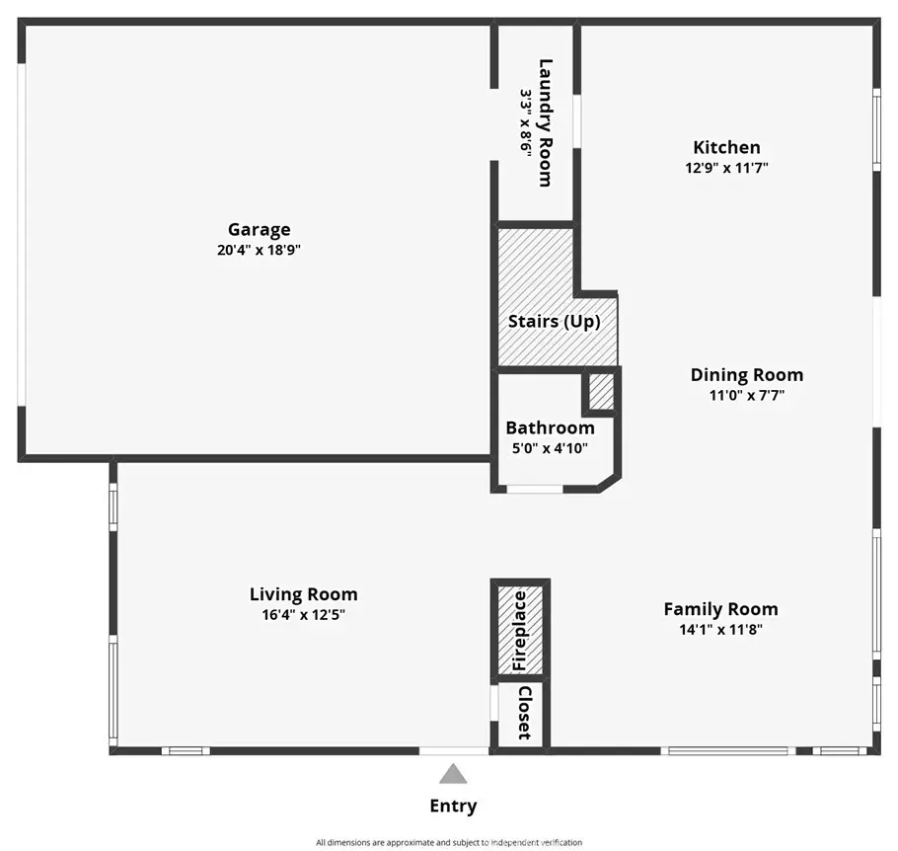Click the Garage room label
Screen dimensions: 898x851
coord(259,230)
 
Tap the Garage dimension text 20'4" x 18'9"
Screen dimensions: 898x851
coord(259,250)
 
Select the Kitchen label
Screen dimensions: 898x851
coord(726,147)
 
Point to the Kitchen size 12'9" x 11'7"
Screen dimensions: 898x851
coord(726,168)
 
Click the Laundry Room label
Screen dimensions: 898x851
coord(546,122)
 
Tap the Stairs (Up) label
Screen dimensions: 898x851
coord(555,322)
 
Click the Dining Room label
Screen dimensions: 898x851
coord(747,375)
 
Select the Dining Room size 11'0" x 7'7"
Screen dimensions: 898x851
coord(747,396)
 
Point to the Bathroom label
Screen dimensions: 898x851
coord(550,428)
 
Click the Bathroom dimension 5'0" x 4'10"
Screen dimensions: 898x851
coord(550,448)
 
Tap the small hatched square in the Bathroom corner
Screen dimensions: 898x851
coord(601,392)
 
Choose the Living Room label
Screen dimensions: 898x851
coord(304,594)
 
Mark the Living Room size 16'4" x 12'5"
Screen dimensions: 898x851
coord(304,615)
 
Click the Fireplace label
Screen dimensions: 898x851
coord(519,631)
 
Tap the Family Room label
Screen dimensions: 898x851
coord(721,609)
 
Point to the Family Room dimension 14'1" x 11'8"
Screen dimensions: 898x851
coord(721,630)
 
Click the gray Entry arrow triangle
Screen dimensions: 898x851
coord(453,775)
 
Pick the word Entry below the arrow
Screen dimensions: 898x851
coord(453,807)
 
